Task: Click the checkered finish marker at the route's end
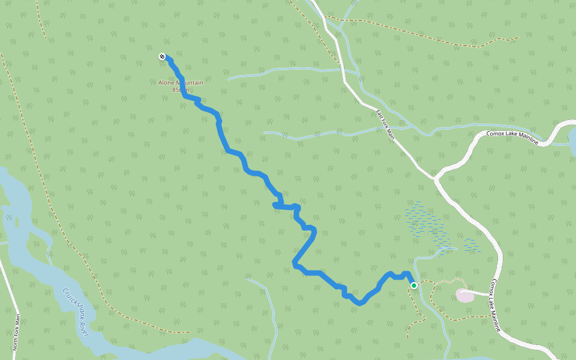tap(162, 57)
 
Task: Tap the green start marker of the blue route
tap(414, 286)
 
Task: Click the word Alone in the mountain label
tap(166, 83)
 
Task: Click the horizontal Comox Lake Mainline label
tap(512, 136)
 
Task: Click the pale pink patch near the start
tap(465, 295)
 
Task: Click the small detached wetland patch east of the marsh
tap(472, 245)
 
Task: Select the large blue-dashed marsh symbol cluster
tap(427, 222)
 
